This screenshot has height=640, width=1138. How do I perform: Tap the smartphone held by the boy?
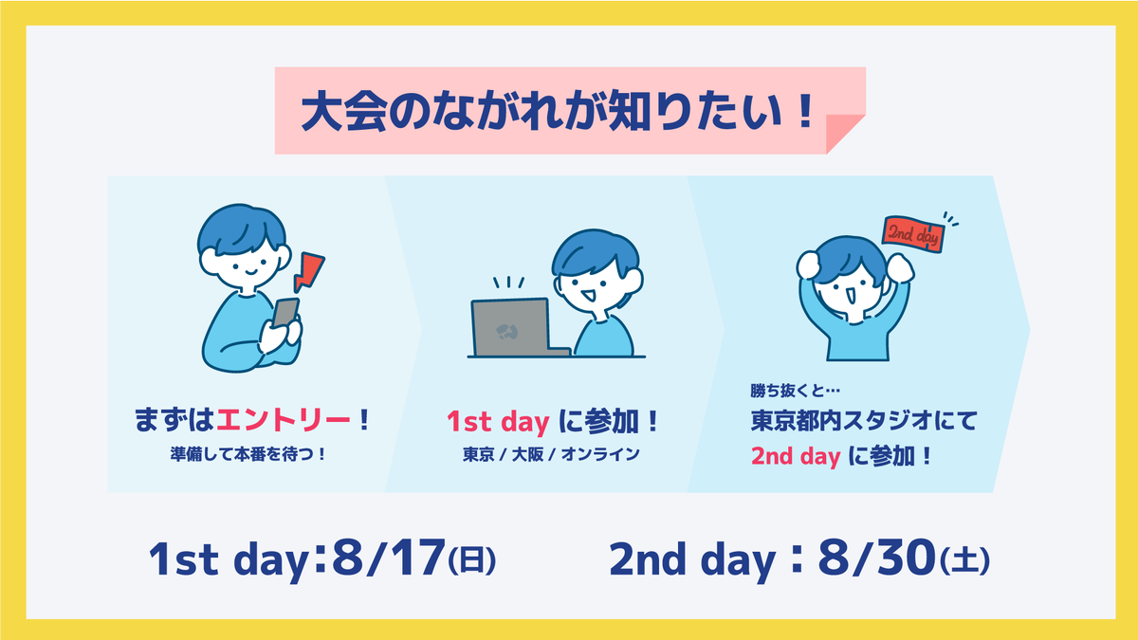[x=285, y=312]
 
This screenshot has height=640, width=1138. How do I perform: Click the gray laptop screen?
[x=510, y=328]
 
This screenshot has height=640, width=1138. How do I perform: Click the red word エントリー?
[x=284, y=421]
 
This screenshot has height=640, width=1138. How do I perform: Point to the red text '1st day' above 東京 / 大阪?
[x=498, y=422]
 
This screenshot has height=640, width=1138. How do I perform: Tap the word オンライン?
[x=600, y=454]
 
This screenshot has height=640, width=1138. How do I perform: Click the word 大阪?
[x=528, y=454]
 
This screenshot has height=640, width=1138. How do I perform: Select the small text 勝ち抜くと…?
[x=795, y=391]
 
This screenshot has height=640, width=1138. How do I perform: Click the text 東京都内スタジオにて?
[x=864, y=421]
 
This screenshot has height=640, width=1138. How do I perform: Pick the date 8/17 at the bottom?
[x=389, y=558]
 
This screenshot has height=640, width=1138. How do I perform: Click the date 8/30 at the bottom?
[x=877, y=558]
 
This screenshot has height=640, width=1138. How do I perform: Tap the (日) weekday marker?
[x=472, y=560]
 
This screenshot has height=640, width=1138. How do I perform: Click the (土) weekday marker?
[x=964, y=560]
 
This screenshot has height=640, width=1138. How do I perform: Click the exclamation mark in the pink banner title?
[x=804, y=111]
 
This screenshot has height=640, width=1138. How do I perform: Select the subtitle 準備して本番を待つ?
[x=248, y=454]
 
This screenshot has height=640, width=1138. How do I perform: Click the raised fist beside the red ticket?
[x=900, y=267]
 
